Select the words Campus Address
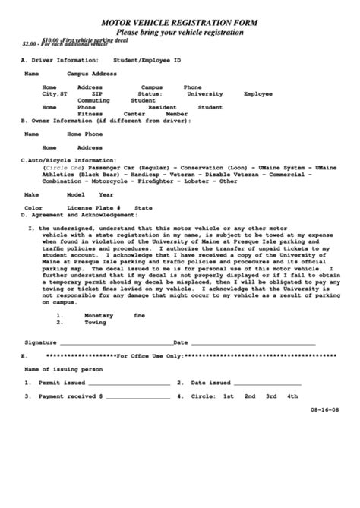tap(92, 74)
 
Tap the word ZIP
tap(86, 93)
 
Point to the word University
tap(205, 93)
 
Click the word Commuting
tap(94, 100)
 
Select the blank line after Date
tap(251, 343)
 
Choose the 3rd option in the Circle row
tap(270, 396)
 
